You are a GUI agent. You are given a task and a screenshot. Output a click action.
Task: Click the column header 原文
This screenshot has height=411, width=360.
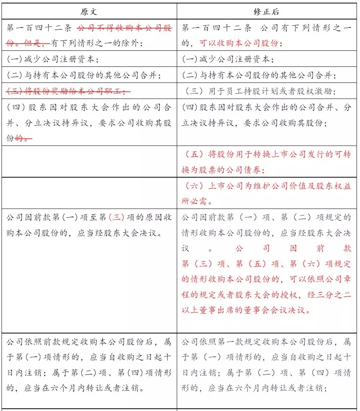pos(89,11)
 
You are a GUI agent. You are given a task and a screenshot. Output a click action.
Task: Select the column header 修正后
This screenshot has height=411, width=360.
pos(266,11)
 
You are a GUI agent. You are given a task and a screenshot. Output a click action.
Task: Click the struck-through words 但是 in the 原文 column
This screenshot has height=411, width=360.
pos(34,44)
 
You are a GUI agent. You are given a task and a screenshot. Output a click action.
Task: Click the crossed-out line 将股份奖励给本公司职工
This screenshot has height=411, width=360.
pos(68,91)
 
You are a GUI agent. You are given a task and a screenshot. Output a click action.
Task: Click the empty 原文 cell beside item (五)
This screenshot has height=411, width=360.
pos(89,161)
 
